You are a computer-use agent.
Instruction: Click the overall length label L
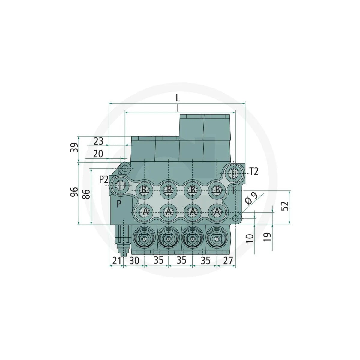[x=178, y=98]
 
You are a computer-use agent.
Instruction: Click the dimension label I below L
[x=178, y=108]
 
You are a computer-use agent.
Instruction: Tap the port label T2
[x=254, y=172]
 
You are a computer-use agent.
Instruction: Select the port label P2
[x=104, y=179]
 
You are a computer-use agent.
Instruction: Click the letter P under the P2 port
[x=119, y=204]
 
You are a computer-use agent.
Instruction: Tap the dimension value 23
[x=98, y=141]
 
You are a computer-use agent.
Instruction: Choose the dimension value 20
[x=98, y=154]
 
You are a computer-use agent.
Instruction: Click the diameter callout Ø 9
[x=251, y=199]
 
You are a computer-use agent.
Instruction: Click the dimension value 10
[x=250, y=238]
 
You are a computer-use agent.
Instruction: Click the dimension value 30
[x=134, y=261]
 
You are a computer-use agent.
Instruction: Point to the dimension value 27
[x=228, y=261]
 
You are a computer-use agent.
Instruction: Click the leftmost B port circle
[x=144, y=190]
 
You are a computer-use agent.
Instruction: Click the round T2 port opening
[x=234, y=173]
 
